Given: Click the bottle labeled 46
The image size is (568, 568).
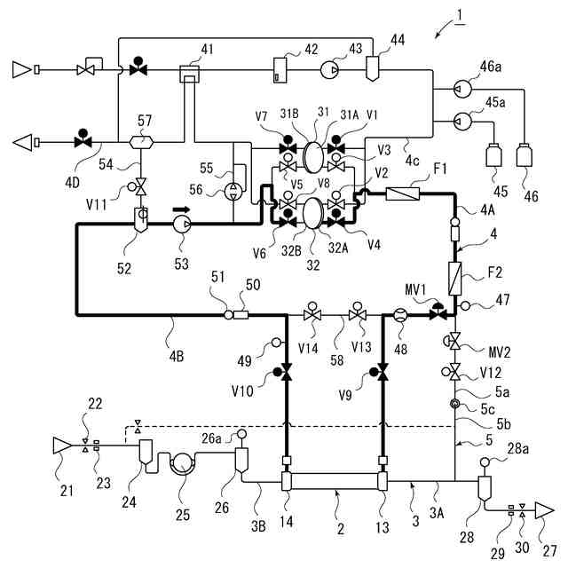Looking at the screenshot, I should point(523,158).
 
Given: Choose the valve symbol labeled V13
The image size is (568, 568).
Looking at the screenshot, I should point(359,314).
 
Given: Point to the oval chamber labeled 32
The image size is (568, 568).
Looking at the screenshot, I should point(312,214).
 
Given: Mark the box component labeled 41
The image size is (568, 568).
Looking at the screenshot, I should point(188,72).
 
